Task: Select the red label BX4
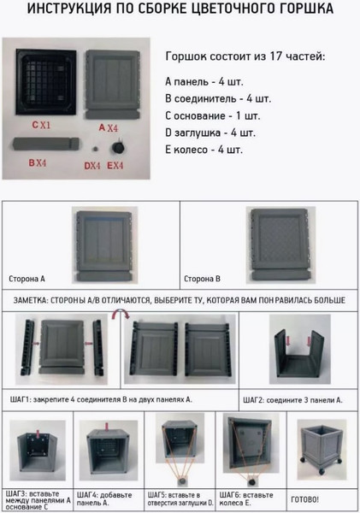coord(36,162)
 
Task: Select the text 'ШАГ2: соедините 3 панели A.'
coord(292,398)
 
